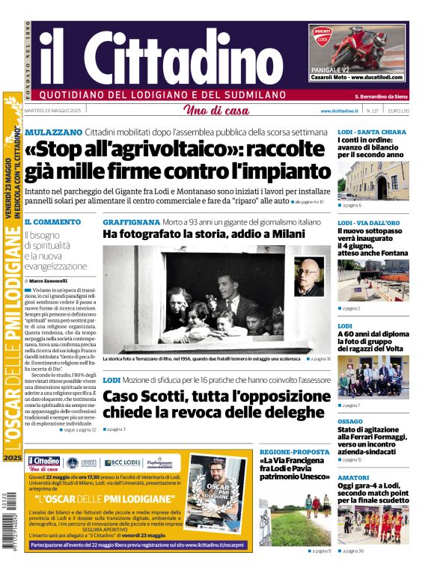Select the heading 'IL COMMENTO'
click(x=52, y=222)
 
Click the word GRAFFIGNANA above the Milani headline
click(x=131, y=222)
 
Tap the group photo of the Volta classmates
click(x=373, y=379)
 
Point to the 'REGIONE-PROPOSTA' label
click(x=294, y=453)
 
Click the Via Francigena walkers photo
click(x=294, y=516)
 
